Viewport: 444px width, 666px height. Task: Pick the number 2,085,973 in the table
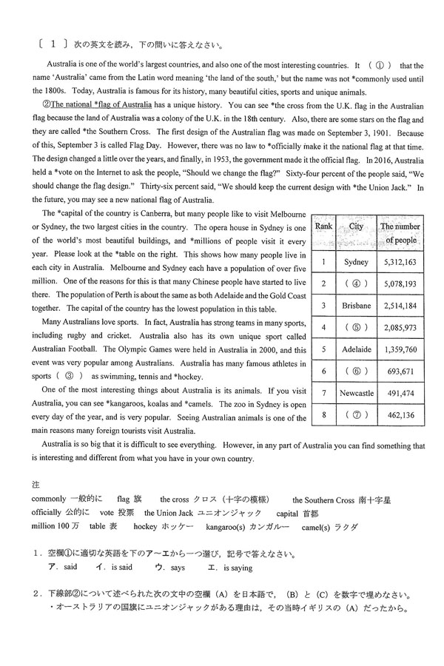[400, 326]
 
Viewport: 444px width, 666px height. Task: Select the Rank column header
[323, 226]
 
